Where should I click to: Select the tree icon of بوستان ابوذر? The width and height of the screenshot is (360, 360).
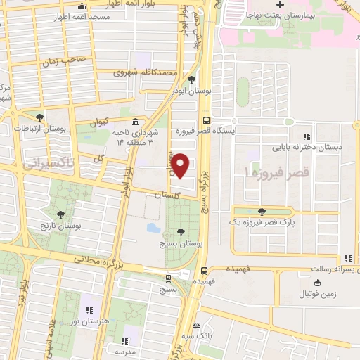click(191, 79)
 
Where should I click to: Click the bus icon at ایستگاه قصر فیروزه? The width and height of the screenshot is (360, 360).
click(205, 120)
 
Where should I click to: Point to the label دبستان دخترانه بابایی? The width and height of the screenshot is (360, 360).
click(311, 148)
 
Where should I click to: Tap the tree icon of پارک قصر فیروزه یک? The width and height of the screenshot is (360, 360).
click(262, 211)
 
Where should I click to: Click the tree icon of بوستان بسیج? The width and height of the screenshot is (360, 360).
click(181, 231)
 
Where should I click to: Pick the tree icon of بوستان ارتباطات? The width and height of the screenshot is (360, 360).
click(39, 117)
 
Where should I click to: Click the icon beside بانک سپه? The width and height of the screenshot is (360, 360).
click(197, 325)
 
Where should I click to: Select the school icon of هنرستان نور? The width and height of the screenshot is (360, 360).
click(89, 309)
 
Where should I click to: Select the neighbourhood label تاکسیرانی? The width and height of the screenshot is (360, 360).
click(28, 165)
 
